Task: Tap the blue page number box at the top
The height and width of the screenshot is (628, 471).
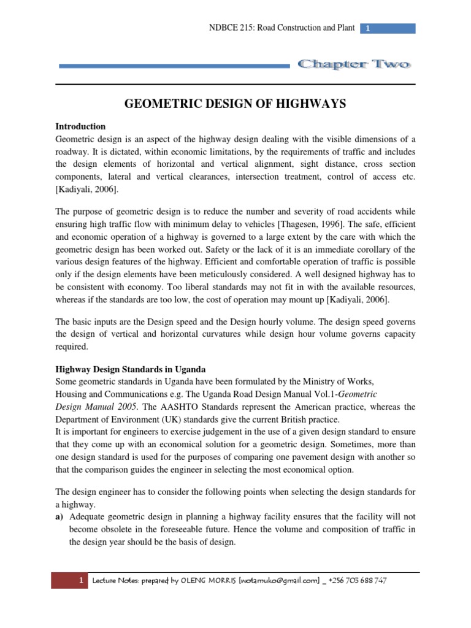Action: (387, 28)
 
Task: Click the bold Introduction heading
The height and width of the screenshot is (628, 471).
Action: (80, 127)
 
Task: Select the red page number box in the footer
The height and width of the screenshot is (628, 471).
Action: (71, 581)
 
